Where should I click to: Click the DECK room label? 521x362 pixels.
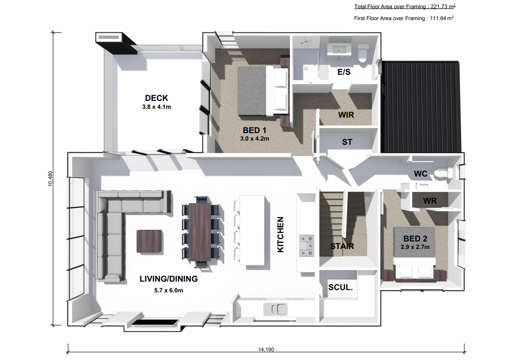157,98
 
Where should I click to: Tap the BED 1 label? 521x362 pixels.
254,130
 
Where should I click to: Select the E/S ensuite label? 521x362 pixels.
344,72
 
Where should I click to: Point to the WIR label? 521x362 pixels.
346,115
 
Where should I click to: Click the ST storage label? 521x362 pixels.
347,142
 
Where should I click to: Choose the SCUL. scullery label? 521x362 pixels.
340,287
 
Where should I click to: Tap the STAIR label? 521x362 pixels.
342,246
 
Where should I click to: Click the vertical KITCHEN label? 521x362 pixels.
281,234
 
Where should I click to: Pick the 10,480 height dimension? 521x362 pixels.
50,178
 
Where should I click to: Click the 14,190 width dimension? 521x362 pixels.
266,349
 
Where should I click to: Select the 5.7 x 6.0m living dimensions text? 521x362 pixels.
168,291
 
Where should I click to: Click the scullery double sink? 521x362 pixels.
276,309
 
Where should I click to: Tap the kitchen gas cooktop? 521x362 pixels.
307,246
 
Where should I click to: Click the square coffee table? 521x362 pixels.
150,241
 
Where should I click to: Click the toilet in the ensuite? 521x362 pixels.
362,53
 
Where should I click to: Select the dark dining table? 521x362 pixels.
203,232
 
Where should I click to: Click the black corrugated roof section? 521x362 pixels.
421,106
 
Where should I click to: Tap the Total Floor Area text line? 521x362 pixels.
405,6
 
